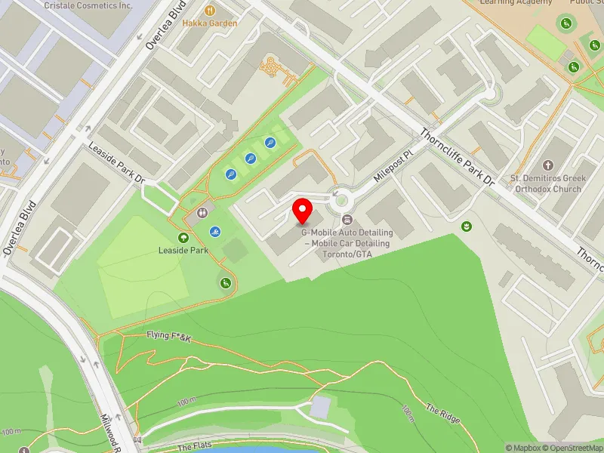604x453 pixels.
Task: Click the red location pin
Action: tap(303, 211)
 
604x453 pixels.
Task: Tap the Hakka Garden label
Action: tap(210, 23)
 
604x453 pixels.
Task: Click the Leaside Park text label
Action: tap(183, 250)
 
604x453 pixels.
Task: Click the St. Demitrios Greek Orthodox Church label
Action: tap(546, 183)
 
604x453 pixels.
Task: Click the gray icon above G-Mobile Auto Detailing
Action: tap(347, 220)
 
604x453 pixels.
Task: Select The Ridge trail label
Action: tap(442, 413)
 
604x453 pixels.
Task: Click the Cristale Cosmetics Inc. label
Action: tap(88, 5)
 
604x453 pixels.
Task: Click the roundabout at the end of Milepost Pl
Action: tap(341, 201)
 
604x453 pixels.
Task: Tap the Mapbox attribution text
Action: tap(524, 448)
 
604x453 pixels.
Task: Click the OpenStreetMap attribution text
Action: tap(573, 448)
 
